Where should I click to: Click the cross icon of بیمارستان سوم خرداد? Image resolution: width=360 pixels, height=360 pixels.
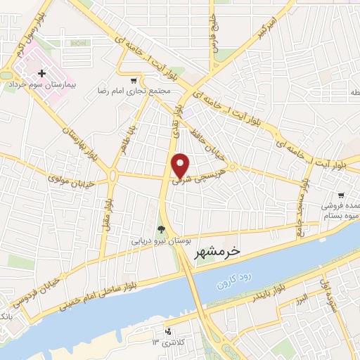click(x=43, y=73)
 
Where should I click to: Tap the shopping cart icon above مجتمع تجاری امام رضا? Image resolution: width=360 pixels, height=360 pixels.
click(x=134, y=80)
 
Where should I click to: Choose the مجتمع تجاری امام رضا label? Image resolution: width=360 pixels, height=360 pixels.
click(x=153, y=92)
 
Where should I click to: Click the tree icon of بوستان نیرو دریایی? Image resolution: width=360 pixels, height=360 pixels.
click(x=162, y=229)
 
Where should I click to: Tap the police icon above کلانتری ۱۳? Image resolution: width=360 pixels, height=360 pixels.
click(x=167, y=330)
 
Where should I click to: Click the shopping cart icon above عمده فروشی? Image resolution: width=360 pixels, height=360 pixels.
click(x=341, y=195)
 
